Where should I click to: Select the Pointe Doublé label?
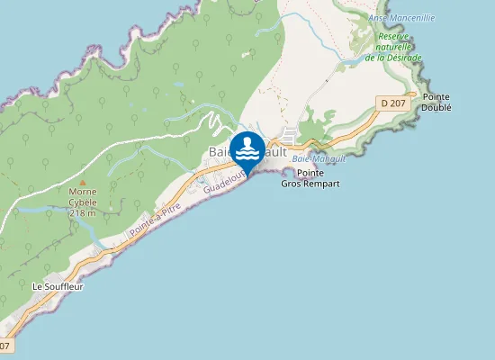pos(436,102)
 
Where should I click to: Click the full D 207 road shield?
pos(392,103)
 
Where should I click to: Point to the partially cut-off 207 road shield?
pos(5,346)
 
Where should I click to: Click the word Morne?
pos(83,191)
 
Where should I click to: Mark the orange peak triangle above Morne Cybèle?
pos(83,181)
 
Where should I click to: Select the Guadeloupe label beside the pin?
pos(221,184)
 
